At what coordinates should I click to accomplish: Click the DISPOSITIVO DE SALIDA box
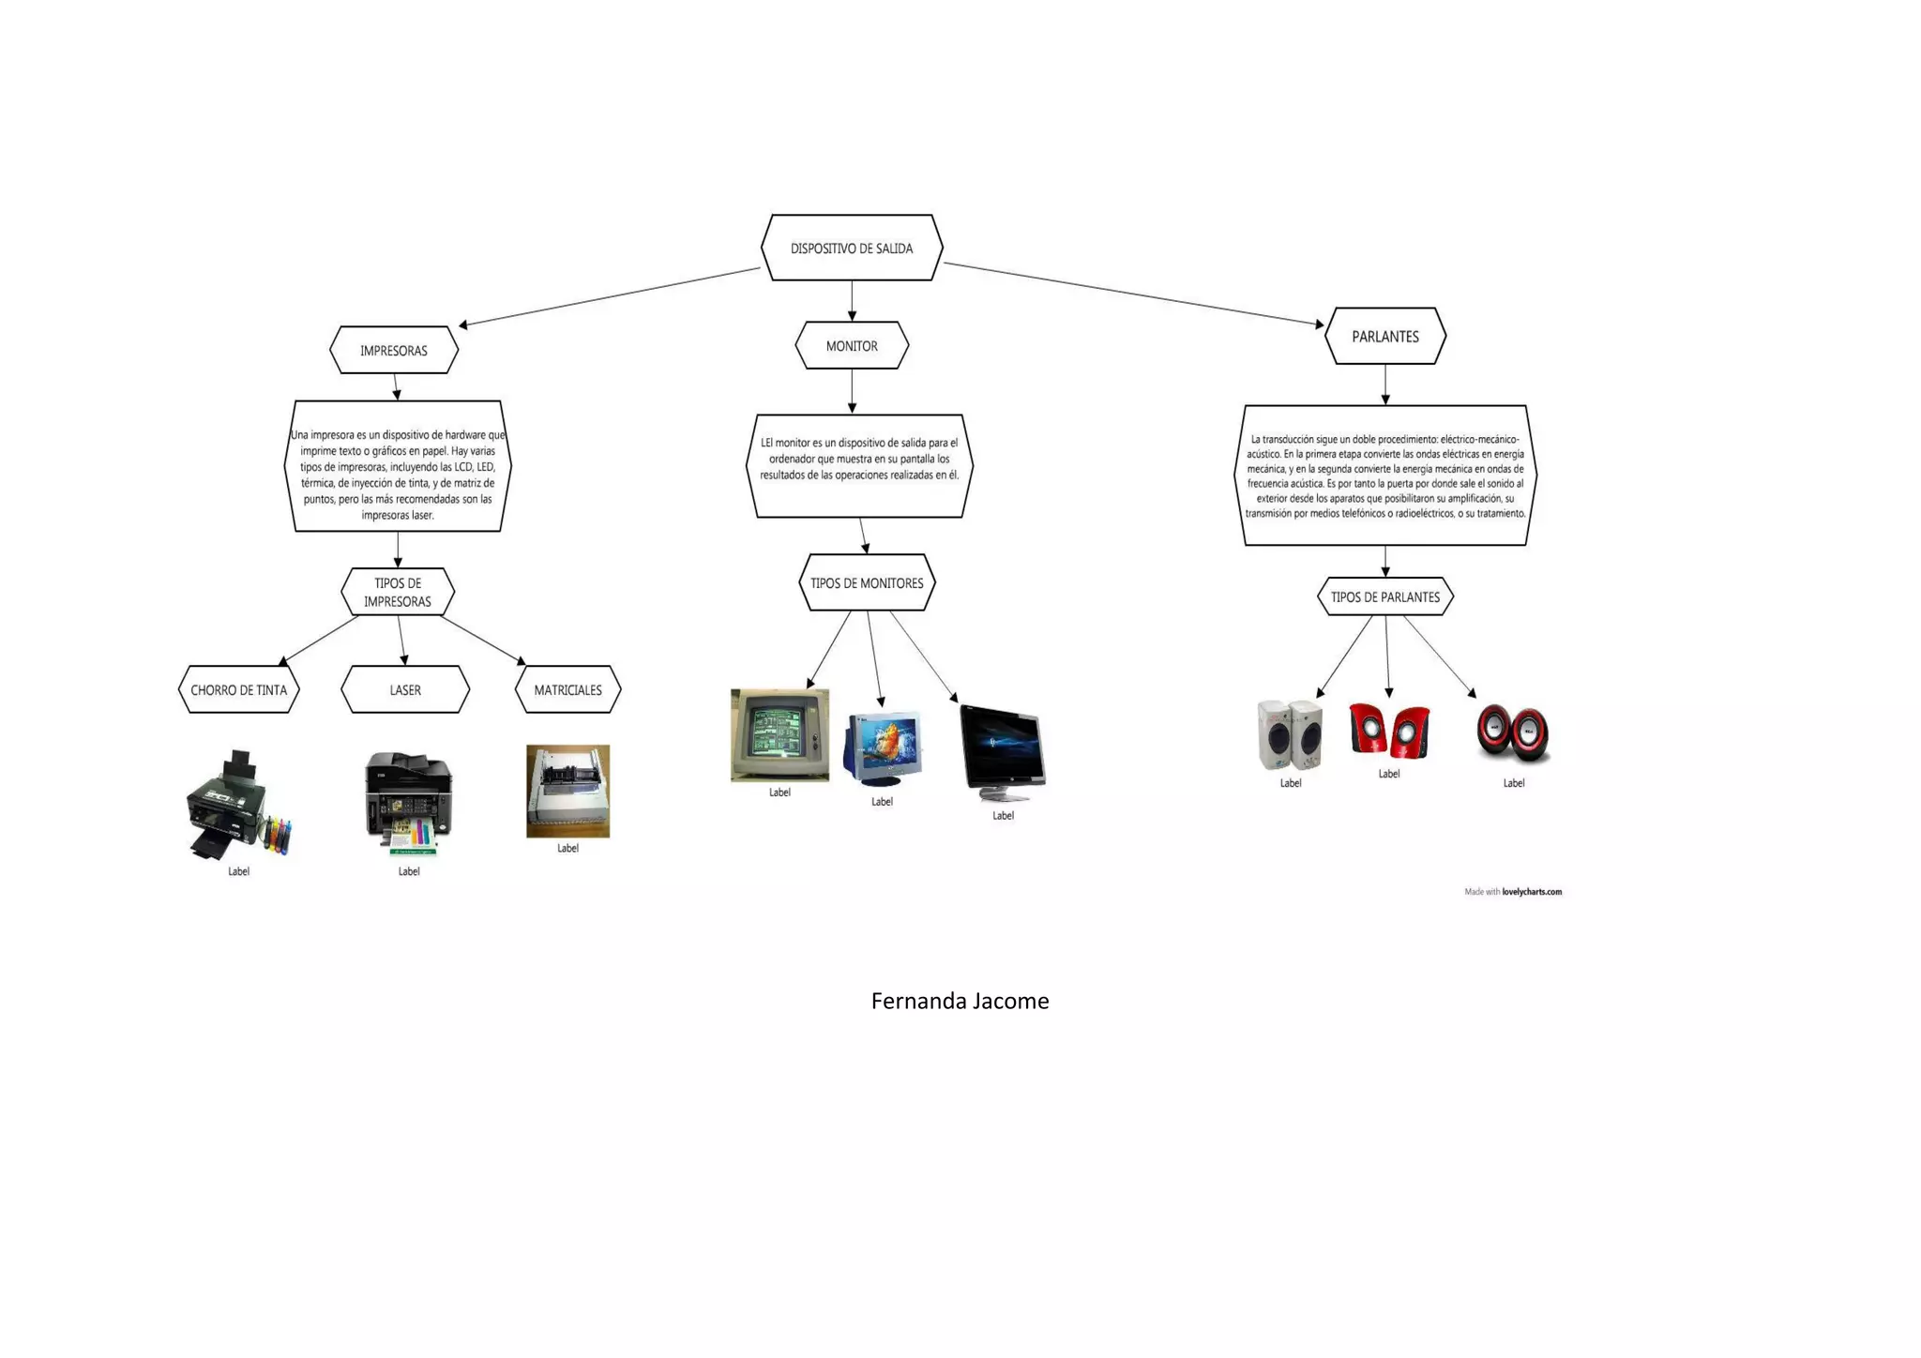click(x=852, y=249)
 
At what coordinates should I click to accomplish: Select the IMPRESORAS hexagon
click(x=394, y=351)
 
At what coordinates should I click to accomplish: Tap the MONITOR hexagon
click(x=852, y=346)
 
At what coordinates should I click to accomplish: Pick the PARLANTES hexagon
click(x=1385, y=337)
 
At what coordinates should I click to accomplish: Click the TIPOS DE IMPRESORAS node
click(x=398, y=593)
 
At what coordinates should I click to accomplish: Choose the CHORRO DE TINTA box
click(x=239, y=690)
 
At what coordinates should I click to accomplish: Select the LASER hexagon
click(x=405, y=690)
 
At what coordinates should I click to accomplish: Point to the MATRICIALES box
click(x=568, y=690)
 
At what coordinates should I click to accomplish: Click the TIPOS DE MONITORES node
click(x=867, y=583)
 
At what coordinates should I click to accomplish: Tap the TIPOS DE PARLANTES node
click(x=1385, y=597)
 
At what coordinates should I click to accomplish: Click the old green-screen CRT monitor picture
click(x=779, y=735)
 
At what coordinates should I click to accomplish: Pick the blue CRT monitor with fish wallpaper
click(x=883, y=748)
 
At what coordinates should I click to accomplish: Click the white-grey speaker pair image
click(x=1290, y=735)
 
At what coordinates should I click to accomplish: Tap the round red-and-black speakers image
click(x=1513, y=733)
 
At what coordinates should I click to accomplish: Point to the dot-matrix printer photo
click(x=567, y=791)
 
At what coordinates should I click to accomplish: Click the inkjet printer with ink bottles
click(x=237, y=805)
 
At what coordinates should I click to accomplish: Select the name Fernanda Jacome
click(x=960, y=1002)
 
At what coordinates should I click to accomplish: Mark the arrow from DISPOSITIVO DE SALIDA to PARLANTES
click(x=1132, y=294)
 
